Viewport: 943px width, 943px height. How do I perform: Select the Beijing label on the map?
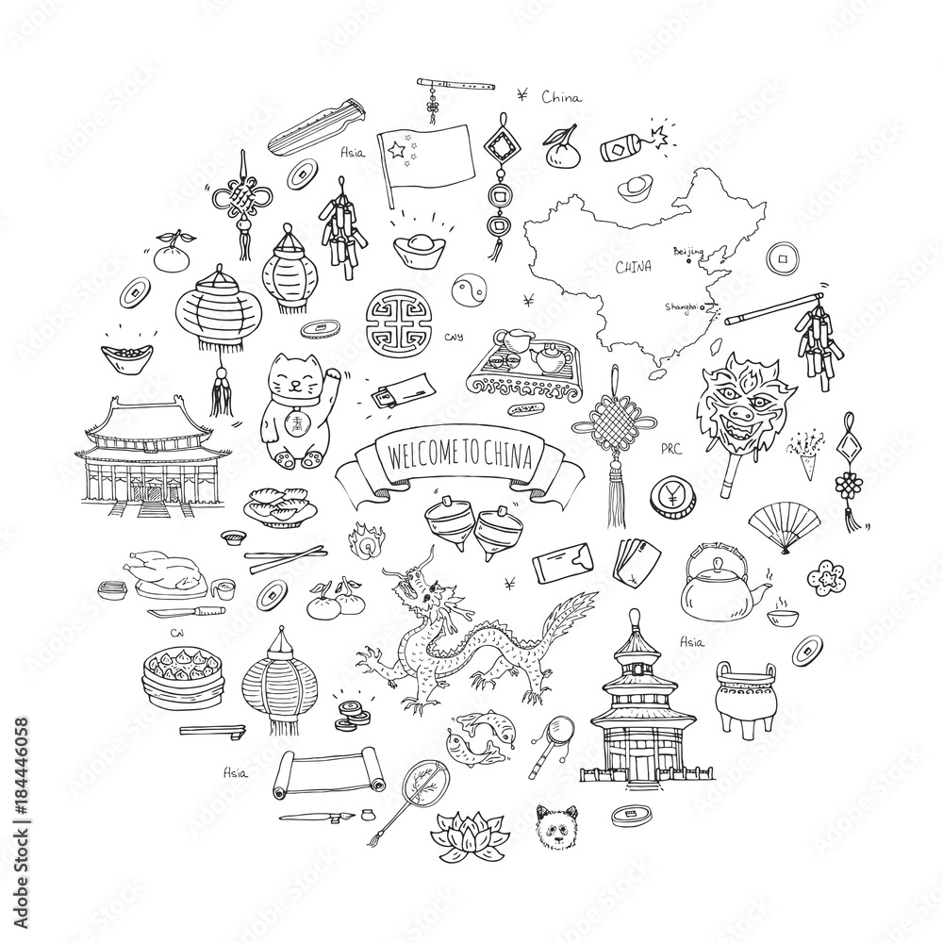[689, 252]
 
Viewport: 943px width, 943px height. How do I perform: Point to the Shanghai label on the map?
[684, 306]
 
